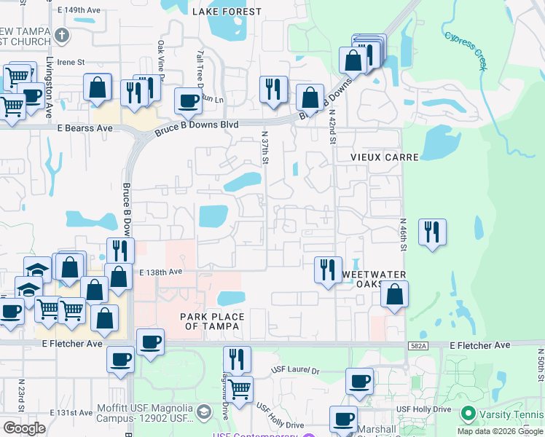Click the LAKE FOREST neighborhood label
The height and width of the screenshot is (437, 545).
click(226, 12)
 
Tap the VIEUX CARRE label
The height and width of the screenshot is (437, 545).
click(375, 157)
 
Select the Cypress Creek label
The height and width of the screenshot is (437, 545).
click(466, 48)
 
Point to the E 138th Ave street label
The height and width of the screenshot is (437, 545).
click(161, 272)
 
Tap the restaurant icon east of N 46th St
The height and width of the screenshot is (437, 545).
click(432, 232)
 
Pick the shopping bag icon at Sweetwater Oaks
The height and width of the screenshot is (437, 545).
click(394, 294)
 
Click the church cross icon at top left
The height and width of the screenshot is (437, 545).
click(63, 35)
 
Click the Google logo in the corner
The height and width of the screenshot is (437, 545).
click(24, 428)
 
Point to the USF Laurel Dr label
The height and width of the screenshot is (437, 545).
click(295, 371)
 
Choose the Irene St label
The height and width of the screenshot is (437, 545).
click(71, 63)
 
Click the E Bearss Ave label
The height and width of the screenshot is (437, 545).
click(85, 128)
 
